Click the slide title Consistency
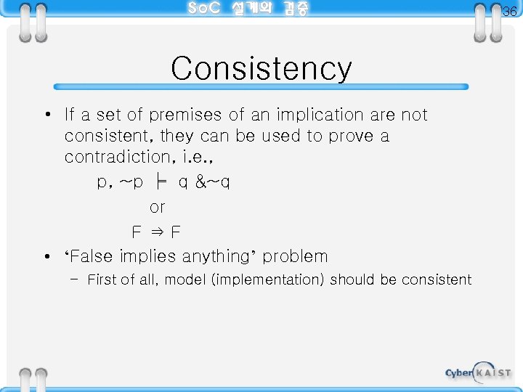coord(261,69)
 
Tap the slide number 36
coord(510,12)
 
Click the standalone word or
coord(157,208)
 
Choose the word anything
coord(219,257)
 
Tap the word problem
coord(296,257)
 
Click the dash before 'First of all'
coord(75,279)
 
